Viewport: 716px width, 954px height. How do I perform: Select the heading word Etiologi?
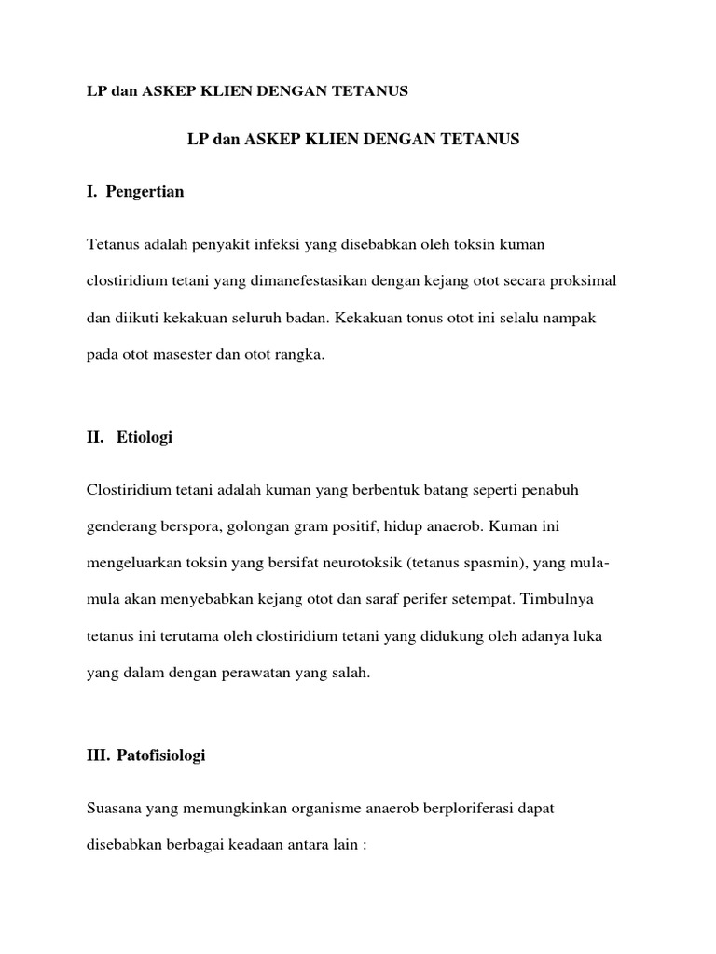pyautogui.click(x=145, y=439)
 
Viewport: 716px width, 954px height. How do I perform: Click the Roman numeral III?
pyautogui.click(x=98, y=756)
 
